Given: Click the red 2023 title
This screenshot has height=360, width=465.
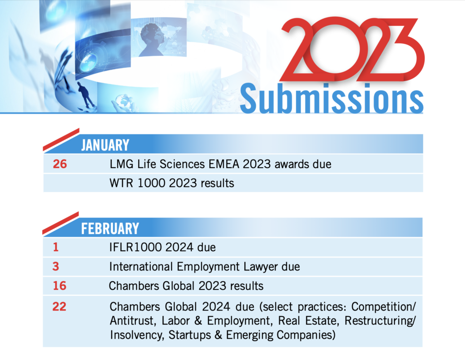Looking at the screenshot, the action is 352,49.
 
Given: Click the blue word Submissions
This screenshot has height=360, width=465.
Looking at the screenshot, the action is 331,98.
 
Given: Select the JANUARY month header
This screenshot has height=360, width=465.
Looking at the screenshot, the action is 105,145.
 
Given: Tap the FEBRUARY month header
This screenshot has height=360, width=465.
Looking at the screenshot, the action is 110,229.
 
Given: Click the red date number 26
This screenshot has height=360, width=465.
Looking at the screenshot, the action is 59,164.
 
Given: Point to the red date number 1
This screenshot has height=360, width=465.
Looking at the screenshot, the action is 56,247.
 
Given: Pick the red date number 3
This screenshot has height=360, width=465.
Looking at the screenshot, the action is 56,266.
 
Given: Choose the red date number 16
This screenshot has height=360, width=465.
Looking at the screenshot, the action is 59,286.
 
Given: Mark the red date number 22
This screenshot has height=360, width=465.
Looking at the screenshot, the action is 59,306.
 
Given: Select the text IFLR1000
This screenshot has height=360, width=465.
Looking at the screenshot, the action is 135,247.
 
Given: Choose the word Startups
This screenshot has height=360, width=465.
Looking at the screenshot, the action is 190,335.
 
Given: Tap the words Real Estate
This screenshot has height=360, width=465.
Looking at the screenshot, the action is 308,321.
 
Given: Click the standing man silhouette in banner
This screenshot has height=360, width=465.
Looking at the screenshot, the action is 85,95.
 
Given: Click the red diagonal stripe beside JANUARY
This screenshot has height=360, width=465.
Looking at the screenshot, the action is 61,140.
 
